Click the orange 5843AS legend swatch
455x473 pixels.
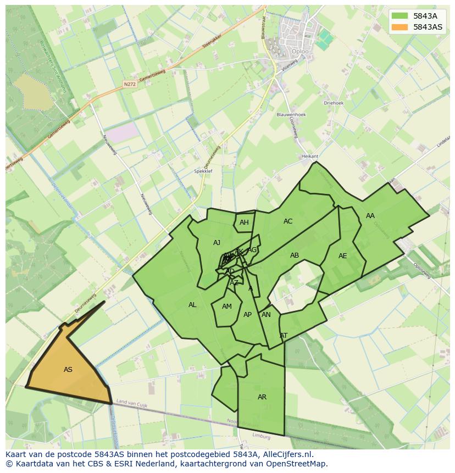400,27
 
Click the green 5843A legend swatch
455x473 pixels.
400,16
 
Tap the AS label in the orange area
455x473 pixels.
68,370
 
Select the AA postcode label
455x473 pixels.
370,216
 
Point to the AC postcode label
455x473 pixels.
288,221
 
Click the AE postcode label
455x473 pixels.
343,256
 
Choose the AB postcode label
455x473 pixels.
295,255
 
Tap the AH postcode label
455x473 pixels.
244,222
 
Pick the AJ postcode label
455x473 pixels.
217,243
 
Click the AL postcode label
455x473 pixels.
192,305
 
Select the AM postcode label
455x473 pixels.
227,307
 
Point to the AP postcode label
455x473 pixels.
247,315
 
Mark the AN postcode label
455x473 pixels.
266,315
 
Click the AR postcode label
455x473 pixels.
262,397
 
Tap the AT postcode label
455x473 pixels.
284,336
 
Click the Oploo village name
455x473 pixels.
300,52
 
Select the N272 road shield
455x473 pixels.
129,84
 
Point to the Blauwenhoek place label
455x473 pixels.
291,115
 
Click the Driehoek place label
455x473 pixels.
334,103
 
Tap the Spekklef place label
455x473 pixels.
203,171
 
